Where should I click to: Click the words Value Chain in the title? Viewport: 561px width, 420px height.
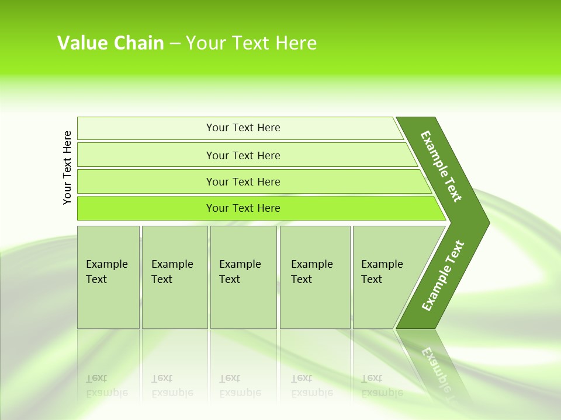pos(110,43)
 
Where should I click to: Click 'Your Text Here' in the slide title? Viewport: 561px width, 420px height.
pos(251,43)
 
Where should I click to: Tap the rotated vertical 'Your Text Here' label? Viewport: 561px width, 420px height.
pos(67,167)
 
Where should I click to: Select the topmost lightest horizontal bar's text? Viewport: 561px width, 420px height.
pos(243,128)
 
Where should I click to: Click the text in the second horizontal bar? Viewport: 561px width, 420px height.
pos(243,156)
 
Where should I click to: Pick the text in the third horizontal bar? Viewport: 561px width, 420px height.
pos(243,182)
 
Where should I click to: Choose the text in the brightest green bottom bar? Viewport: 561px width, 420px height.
pos(243,208)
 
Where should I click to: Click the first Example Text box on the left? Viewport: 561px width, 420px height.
pos(107,272)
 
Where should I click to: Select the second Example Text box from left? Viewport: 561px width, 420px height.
pos(172,272)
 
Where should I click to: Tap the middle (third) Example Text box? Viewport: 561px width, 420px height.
pos(240,272)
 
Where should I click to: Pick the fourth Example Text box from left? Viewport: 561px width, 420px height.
pos(312,272)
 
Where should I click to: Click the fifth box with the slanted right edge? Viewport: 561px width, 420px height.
pos(382,272)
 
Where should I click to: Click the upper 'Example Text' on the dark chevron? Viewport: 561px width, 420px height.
pos(441,166)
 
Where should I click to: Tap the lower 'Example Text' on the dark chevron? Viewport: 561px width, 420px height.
pos(443,275)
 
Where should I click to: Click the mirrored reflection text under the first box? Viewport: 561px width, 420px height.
pos(107,386)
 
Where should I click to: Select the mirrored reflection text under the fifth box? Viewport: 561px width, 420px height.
pos(382,386)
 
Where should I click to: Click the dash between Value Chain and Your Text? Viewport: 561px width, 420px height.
pos(175,44)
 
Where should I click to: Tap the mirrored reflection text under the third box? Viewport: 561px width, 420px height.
pos(240,386)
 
